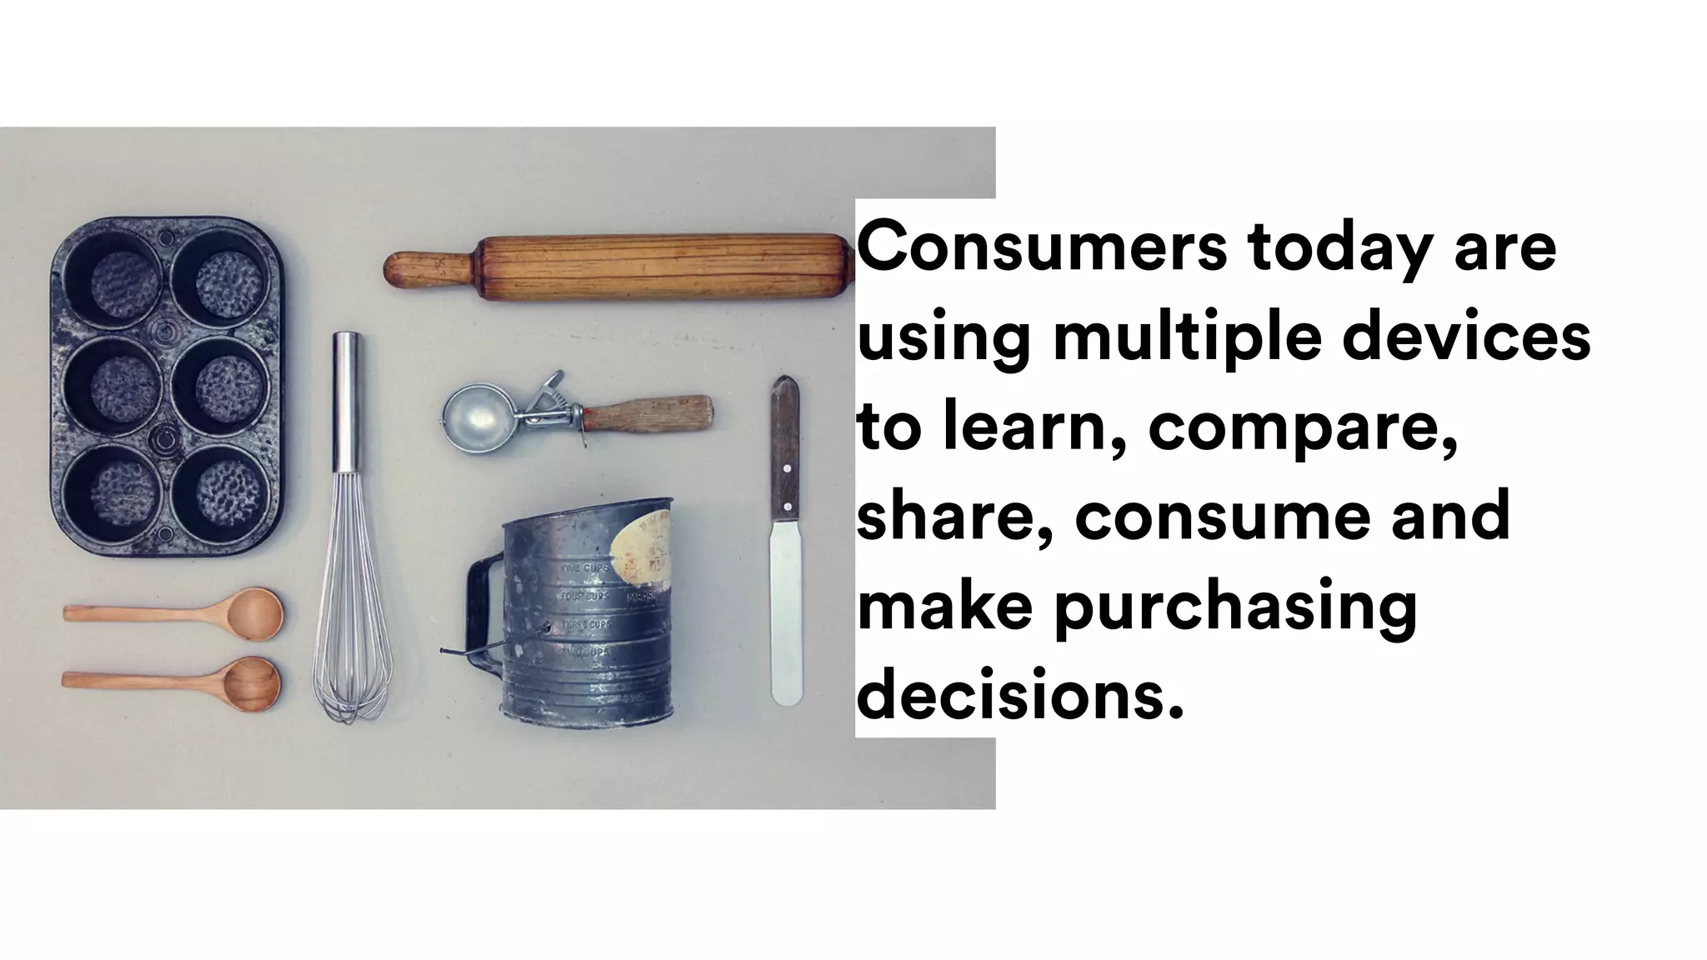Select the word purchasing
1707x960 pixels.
(1235, 608)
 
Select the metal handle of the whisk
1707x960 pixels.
(347, 400)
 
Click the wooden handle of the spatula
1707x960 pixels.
(784, 450)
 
